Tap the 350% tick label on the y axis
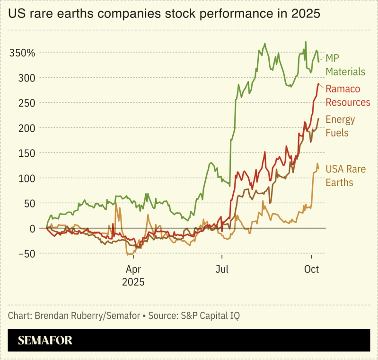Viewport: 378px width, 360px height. [22, 53]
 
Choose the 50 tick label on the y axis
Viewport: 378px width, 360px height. [29, 203]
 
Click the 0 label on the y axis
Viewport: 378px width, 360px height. [32, 228]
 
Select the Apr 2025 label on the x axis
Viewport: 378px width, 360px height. [134, 276]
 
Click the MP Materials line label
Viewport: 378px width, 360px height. [345, 65]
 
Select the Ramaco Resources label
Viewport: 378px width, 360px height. [348, 96]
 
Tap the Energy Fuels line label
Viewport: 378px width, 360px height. [340, 126]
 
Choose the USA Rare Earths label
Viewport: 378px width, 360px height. [345, 175]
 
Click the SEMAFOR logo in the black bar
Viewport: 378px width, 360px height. [45, 340]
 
